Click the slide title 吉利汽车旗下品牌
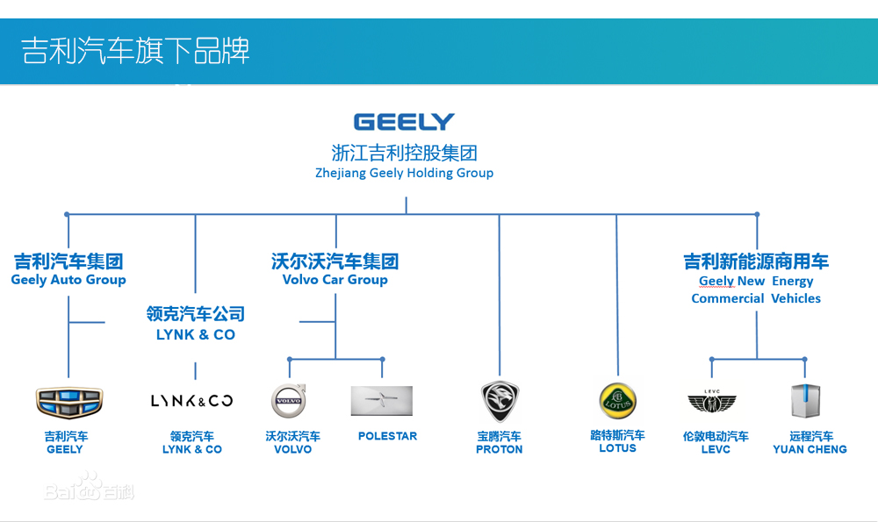136,51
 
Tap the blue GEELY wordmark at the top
404,121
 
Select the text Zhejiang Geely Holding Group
404,173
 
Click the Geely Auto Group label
68,280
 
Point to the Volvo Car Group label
335,280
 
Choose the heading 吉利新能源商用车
756,261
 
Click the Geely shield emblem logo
68,401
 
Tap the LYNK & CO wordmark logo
191,401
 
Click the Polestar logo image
381,400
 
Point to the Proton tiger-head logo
500,401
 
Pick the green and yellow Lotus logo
617,400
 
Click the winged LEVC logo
711,402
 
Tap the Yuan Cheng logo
805,401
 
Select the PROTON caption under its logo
499,449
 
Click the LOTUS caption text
617,448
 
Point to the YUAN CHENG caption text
810,449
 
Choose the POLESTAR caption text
387,436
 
